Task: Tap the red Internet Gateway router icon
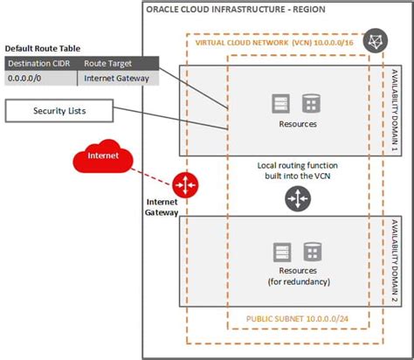(x=186, y=184)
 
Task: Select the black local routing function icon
(x=296, y=198)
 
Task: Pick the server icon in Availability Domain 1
(x=280, y=104)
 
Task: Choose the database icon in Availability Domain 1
(x=311, y=104)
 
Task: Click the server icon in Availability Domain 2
(x=280, y=253)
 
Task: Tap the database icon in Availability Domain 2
(x=311, y=253)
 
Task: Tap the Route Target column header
(x=109, y=63)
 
